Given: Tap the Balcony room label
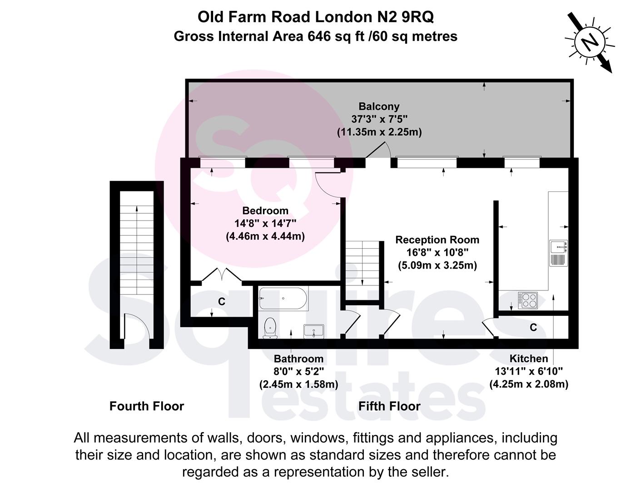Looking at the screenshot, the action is tap(379, 107).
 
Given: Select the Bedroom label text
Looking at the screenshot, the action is tap(265, 211).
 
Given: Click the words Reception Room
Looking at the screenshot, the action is tap(437, 240).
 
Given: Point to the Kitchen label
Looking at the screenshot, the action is tap(529, 358).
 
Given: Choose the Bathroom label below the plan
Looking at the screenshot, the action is tap(298, 358).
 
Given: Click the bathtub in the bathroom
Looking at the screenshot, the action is tap(283, 299).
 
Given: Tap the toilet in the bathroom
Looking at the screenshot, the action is tap(270, 328).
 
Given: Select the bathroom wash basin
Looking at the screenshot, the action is tap(313, 331).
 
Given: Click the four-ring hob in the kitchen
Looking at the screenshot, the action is tap(528, 301).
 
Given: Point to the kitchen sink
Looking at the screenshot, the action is tap(558, 253).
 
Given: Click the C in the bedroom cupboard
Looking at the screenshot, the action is tap(222, 302).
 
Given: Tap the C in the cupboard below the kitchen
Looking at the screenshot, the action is tap(533, 328).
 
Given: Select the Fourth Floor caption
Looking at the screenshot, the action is tap(147, 406).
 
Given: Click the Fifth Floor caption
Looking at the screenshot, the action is tap(389, 406).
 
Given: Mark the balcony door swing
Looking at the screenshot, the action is tap(378, 150).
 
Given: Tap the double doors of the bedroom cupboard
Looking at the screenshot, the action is tap(222, 275).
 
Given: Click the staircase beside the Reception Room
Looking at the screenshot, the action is tap(363, 270).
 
